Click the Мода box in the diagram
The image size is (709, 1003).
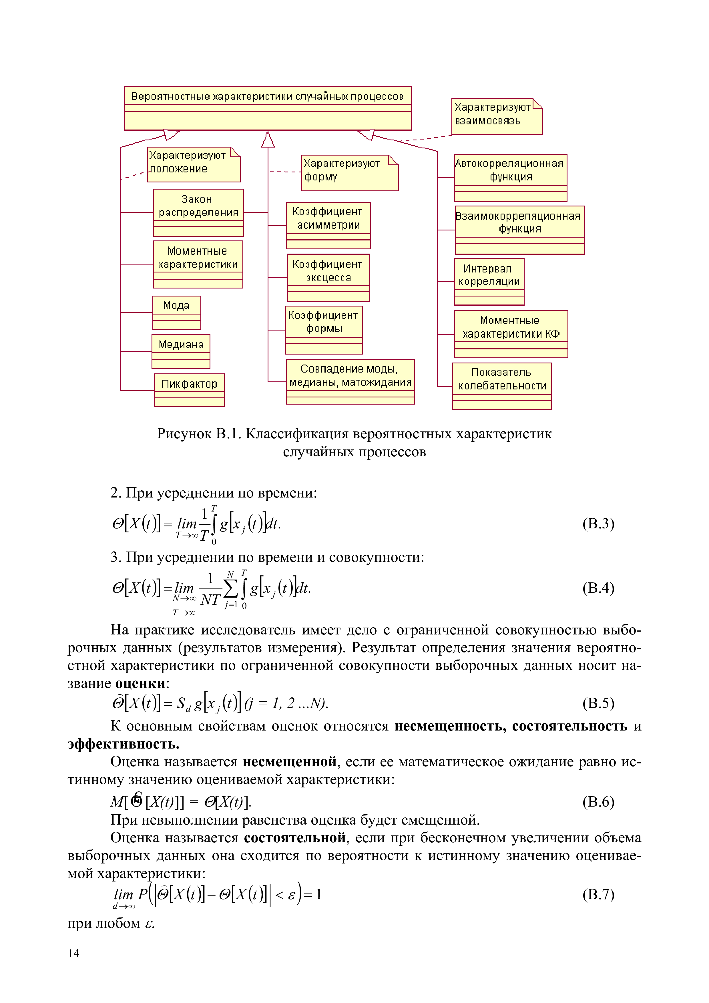[x=176, y=312]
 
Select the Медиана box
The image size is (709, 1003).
[x=181, y=351]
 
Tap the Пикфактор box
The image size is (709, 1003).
[x=189, y=390]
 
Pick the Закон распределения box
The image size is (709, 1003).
[x=198, y=212]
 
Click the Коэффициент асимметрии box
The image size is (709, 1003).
[x=328, y=225]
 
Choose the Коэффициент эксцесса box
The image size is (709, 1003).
[x=328, y=277]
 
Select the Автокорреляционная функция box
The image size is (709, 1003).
[x=510, y=177]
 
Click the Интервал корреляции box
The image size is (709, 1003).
[x=489, y=281]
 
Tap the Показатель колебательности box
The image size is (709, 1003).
[x=502, y=386]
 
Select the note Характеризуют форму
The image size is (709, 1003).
[x=349, y=173]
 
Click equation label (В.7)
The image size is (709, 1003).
[x=598, y=894]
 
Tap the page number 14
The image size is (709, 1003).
[x=73, y=953]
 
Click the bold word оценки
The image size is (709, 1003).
[x=140, y=683]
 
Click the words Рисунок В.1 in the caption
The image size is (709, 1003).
[x=198, y=434]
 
